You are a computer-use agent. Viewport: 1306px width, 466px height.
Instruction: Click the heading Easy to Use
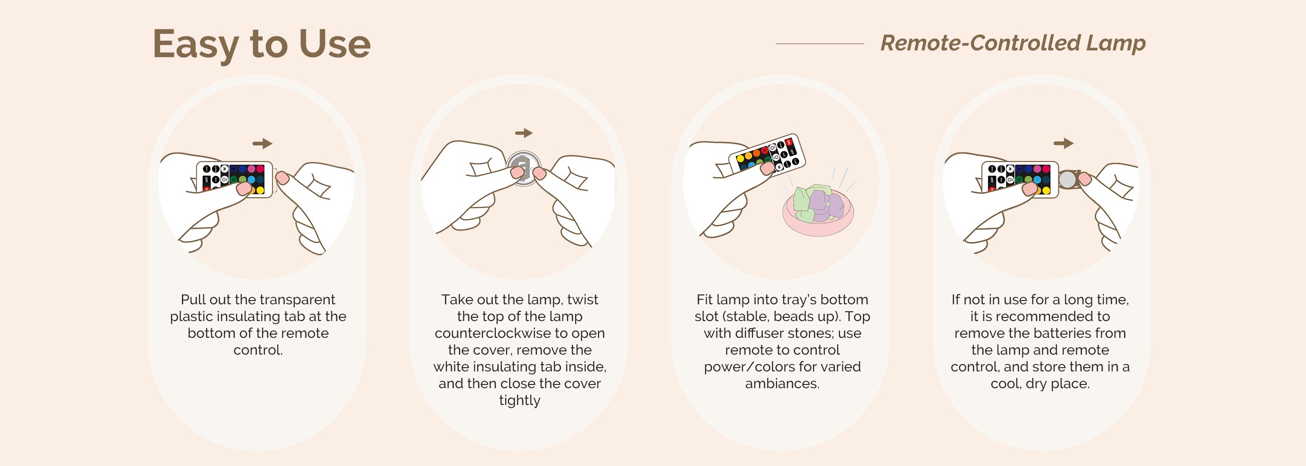click(x=262, y=45)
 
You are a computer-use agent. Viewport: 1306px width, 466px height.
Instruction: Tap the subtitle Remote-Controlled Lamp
click(x=1013, y=43)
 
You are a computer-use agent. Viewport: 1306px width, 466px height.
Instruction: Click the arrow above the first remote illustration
click(x=263, y=144)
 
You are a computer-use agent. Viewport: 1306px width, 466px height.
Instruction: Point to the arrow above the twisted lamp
click(x=524, y=133)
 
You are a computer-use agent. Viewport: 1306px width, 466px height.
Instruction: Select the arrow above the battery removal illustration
click(x=1063, y=144)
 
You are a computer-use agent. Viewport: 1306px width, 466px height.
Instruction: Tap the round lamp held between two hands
click(x=523, y=168)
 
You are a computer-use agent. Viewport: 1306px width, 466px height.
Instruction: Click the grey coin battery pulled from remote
click(x=1068, y=179)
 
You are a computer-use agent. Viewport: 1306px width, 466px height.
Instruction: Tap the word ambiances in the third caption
click(x=782, y=384)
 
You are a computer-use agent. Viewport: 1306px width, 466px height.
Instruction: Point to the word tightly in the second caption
click(x=520, y=400)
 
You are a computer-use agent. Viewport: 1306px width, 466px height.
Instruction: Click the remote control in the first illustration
click(x=234, y=179)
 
